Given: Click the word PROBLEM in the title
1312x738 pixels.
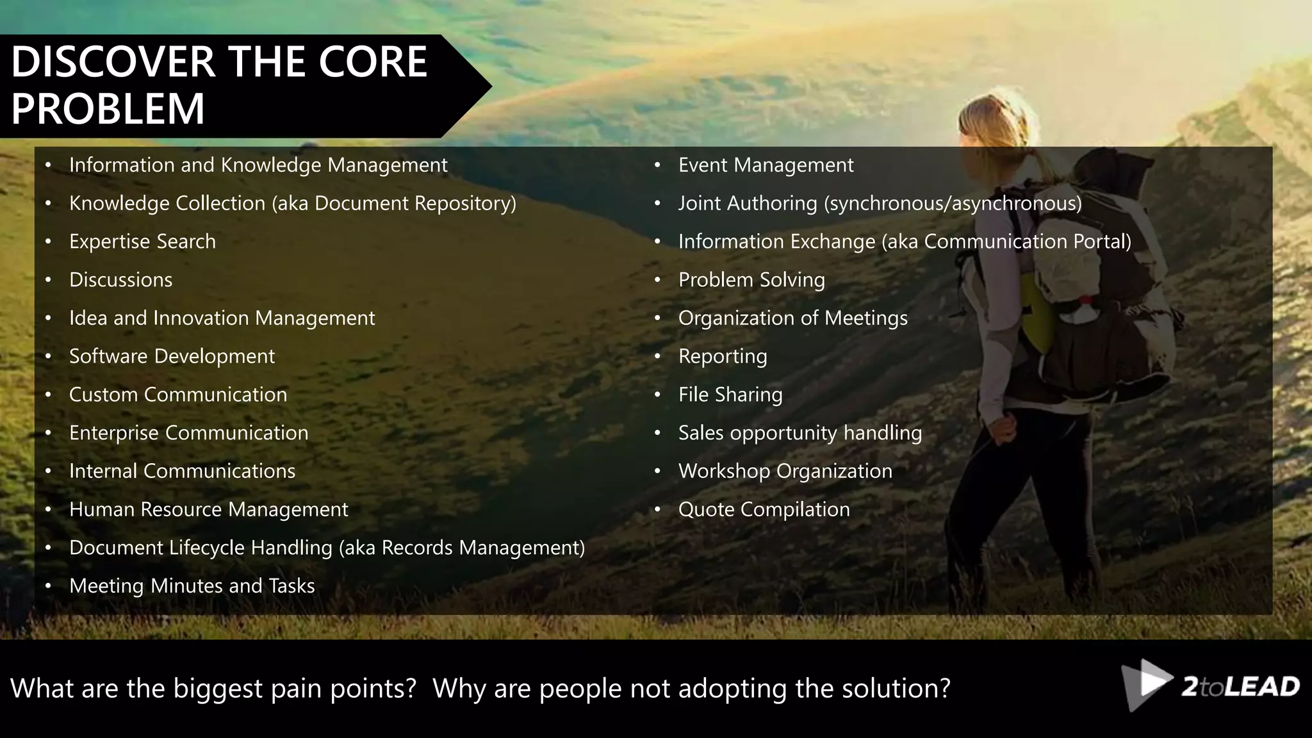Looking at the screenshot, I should click(108, 108).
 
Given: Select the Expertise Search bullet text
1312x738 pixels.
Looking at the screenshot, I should click(142, 242).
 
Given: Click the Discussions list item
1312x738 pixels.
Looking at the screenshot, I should click(120, 280).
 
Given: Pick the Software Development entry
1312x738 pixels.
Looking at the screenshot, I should click(172, 356).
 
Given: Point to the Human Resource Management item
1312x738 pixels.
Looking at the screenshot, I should click(208, 509).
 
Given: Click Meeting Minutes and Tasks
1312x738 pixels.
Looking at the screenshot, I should click(192, 586).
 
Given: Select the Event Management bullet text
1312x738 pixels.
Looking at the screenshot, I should click(766, 165).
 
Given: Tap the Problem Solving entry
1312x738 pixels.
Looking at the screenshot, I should click(751, 280).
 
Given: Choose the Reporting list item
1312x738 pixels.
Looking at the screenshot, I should click(722, 356).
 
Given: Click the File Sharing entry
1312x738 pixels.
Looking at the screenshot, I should click(730, 395).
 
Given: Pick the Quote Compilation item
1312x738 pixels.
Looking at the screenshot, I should click(764, 509).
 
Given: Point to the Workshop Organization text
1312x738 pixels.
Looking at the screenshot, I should click(785, 471).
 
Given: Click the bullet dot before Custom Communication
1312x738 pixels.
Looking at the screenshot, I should click(48, 395).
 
